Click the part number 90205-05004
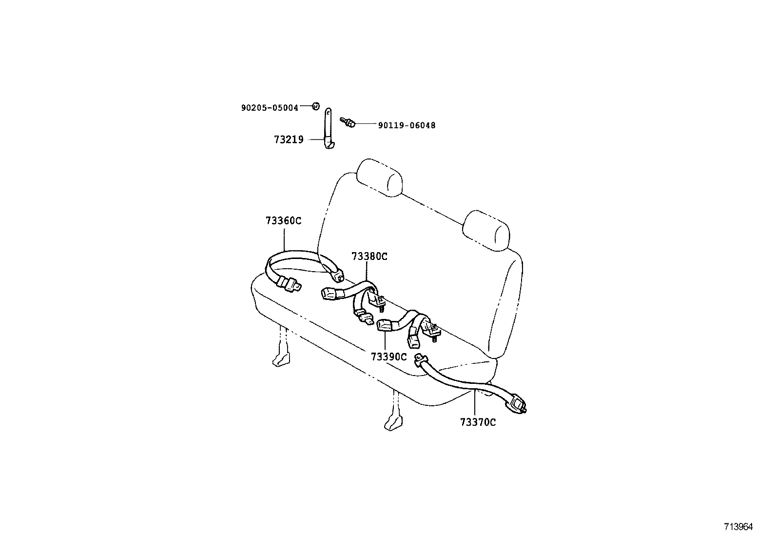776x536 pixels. click(270, 108)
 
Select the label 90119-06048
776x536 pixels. click(407, 125)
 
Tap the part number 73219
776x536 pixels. click(289, 139)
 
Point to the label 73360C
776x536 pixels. click(283, 220)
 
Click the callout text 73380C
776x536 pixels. click(369, 256)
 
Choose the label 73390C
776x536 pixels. click(388, 357)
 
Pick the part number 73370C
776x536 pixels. click(478, 422)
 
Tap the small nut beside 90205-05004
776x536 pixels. click(315, 106)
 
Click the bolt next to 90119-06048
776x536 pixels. click(348, 122)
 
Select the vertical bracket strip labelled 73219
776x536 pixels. click(329, 128)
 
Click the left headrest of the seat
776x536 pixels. click(380, 178)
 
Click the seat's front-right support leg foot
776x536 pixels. click(393, 423)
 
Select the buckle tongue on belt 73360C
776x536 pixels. click(291, 284)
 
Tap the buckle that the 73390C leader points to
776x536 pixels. click(385, 325)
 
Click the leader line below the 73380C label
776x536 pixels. click(367, 271)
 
